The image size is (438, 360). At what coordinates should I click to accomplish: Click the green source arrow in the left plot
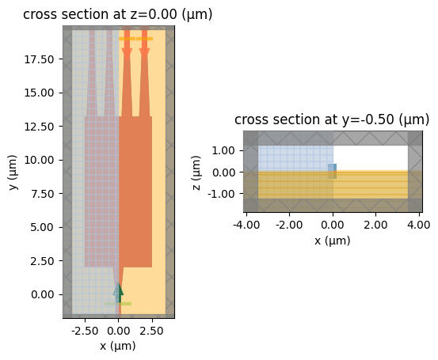pos(119,290)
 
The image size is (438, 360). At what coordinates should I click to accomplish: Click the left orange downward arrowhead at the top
pos(127,53)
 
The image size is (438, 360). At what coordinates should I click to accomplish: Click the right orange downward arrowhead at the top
pos(144,53)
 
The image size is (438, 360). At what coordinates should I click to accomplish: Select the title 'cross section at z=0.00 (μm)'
pos(118,14)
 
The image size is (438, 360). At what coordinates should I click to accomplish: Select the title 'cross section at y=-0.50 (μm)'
pos(332,119)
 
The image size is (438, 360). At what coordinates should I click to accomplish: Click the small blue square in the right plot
pos(333,171)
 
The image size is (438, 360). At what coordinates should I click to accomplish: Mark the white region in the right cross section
pos(370,157)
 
